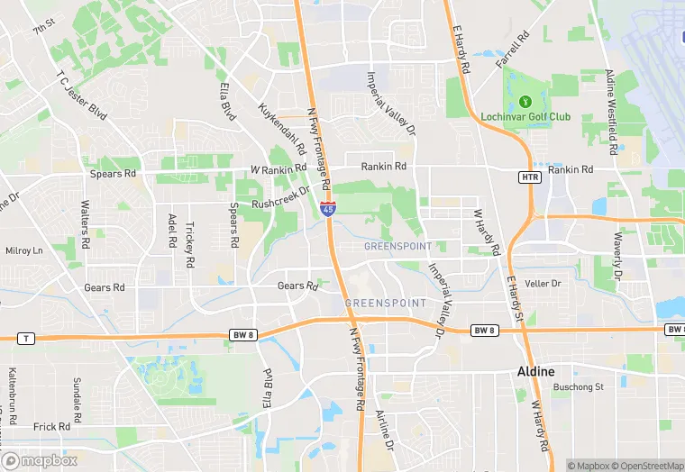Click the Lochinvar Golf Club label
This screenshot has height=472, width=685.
pyautogui.click(x=538, y=117)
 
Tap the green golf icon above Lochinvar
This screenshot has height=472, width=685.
pyautogui.click(x=525, y=100)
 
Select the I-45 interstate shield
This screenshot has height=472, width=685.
pyautogui.click(x=329, y=209)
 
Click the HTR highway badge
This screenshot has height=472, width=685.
pyautogui.click(x=530, y=177)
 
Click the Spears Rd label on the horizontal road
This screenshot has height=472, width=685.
pyautogui.click(x=113, y=173)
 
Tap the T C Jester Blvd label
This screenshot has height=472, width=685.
pyautogui.click(x=81, y=98)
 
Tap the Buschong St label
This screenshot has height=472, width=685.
pyautogui.click(x=579, y=386)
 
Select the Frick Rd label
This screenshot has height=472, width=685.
pyautogui.click(x=51, y=427)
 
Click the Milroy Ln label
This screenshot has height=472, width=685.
pyautogui.click(x=24, y=250)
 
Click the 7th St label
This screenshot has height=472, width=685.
pyautogui.click(x=44, y=30)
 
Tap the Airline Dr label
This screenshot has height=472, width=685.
pyautogui.click(x=384, y=431)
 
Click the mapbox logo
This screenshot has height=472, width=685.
pyautogui.click(x=38, y=461)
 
